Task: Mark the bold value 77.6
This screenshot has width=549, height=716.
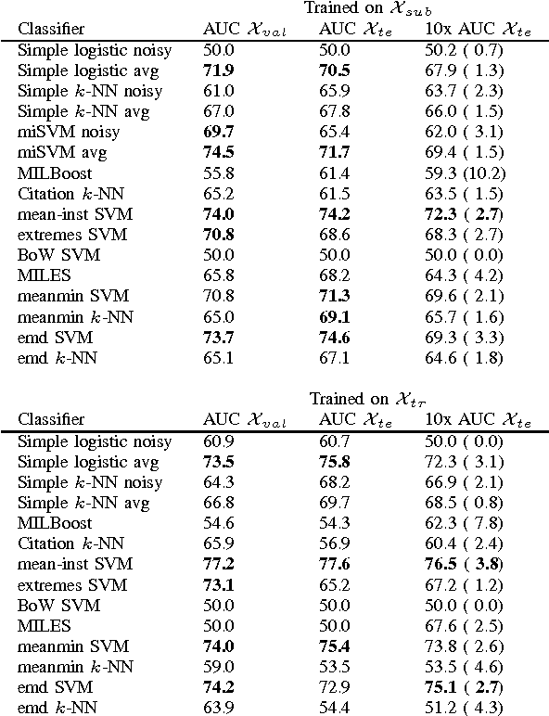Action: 335,564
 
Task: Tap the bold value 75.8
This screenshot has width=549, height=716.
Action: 335,462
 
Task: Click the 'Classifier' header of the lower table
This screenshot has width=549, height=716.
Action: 51,419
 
